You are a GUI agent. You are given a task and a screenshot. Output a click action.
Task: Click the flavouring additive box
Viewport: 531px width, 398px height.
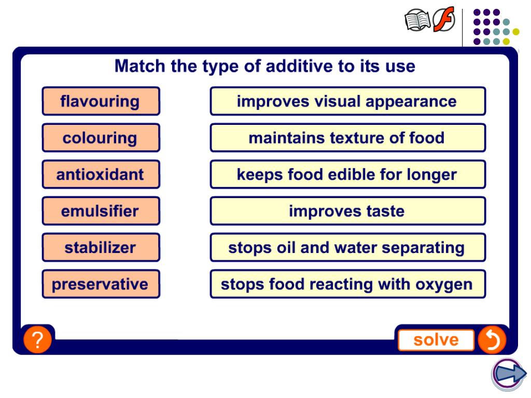[x=101, y=101]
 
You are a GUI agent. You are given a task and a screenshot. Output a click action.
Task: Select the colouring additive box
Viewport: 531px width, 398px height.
[x=101, y=138]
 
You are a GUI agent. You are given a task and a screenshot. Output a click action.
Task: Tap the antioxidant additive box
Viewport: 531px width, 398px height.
[x=101, y=174]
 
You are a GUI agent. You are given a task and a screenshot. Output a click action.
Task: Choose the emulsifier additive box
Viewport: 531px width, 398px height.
[x=101, y=211]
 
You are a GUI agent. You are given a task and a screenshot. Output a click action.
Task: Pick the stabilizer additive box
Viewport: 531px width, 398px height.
[x=101, y=248]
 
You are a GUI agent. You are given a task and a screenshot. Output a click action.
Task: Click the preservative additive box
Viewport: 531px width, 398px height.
[x=101, y=284]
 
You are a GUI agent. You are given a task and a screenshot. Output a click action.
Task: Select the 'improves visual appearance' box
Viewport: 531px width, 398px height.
[x=347, y=101]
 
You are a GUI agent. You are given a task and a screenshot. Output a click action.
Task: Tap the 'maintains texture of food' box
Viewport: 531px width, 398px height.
[x=347, y=138]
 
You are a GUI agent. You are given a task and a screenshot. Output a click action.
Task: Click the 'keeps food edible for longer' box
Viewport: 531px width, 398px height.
[x=347, y=174]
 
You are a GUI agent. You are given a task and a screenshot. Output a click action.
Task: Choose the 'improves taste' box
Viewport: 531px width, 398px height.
[x=347, y=211]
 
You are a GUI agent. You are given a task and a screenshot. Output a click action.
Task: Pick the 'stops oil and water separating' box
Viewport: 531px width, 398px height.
[x=347, y=248]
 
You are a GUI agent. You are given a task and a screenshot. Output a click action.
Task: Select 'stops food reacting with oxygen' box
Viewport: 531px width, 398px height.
[x=347, y=284]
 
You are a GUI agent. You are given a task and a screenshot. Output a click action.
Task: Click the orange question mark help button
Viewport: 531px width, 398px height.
[x=37, y=340]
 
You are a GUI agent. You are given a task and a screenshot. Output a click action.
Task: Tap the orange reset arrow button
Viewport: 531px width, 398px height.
[x=491, y=340]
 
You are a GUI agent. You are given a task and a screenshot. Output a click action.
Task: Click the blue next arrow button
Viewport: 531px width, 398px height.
[x=508, y=374]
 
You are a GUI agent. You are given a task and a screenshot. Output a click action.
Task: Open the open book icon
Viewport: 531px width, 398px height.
[x=417, y=21]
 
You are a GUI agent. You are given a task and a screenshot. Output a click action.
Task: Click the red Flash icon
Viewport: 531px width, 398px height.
[x=444, y=20]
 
